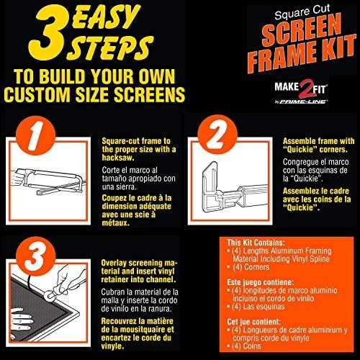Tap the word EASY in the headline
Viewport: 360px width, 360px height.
[x=106, y=17]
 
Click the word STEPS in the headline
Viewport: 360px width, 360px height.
[x=110, y=48]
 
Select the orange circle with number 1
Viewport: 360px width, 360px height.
[x=35, y=135]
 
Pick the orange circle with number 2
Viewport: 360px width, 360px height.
[x=217, y=135]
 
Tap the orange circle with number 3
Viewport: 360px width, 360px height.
[x=36, y=256]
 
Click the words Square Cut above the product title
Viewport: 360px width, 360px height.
[x=302, y=13]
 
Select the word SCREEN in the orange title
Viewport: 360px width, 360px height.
[x=302, y=30]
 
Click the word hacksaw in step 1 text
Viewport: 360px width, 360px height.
[x=118, y=158]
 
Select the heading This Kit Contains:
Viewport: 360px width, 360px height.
[x=256, y=243]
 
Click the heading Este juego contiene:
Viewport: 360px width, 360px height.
[x=261, y=282]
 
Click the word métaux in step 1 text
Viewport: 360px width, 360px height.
[x=116, y=223]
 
